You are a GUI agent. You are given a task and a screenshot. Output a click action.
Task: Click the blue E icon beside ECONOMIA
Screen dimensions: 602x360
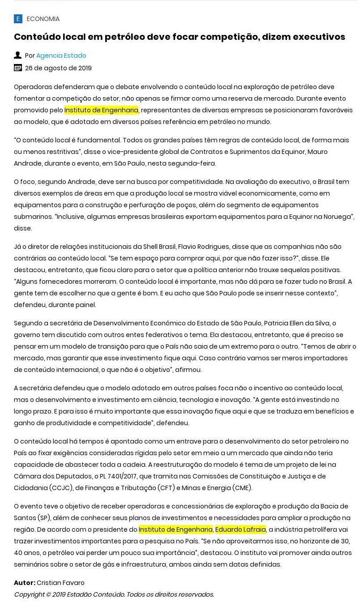tap(18, 19)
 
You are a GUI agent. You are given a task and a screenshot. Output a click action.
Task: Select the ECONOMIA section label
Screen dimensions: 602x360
tap(43, 19)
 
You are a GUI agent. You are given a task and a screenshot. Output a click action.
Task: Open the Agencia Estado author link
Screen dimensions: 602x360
tap(61, 56)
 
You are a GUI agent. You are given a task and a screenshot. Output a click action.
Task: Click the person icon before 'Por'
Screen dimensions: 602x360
tap(18, 55)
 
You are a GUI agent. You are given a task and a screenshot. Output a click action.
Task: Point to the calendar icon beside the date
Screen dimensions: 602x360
tap(18, 68)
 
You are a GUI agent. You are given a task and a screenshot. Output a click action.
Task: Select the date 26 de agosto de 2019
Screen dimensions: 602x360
tap(58, 68)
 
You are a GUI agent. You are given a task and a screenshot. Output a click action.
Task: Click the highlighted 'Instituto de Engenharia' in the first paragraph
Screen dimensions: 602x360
tap(101, 110)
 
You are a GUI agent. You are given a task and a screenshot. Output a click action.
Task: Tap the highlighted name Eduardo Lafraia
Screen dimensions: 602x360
tap(240, 529)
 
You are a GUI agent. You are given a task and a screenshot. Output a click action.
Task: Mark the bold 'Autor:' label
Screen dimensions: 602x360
tap(25, 583)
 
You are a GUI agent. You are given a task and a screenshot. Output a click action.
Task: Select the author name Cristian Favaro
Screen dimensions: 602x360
tap(60, 583)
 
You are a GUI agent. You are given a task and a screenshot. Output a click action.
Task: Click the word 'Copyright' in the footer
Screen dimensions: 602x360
tap(30, 594)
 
